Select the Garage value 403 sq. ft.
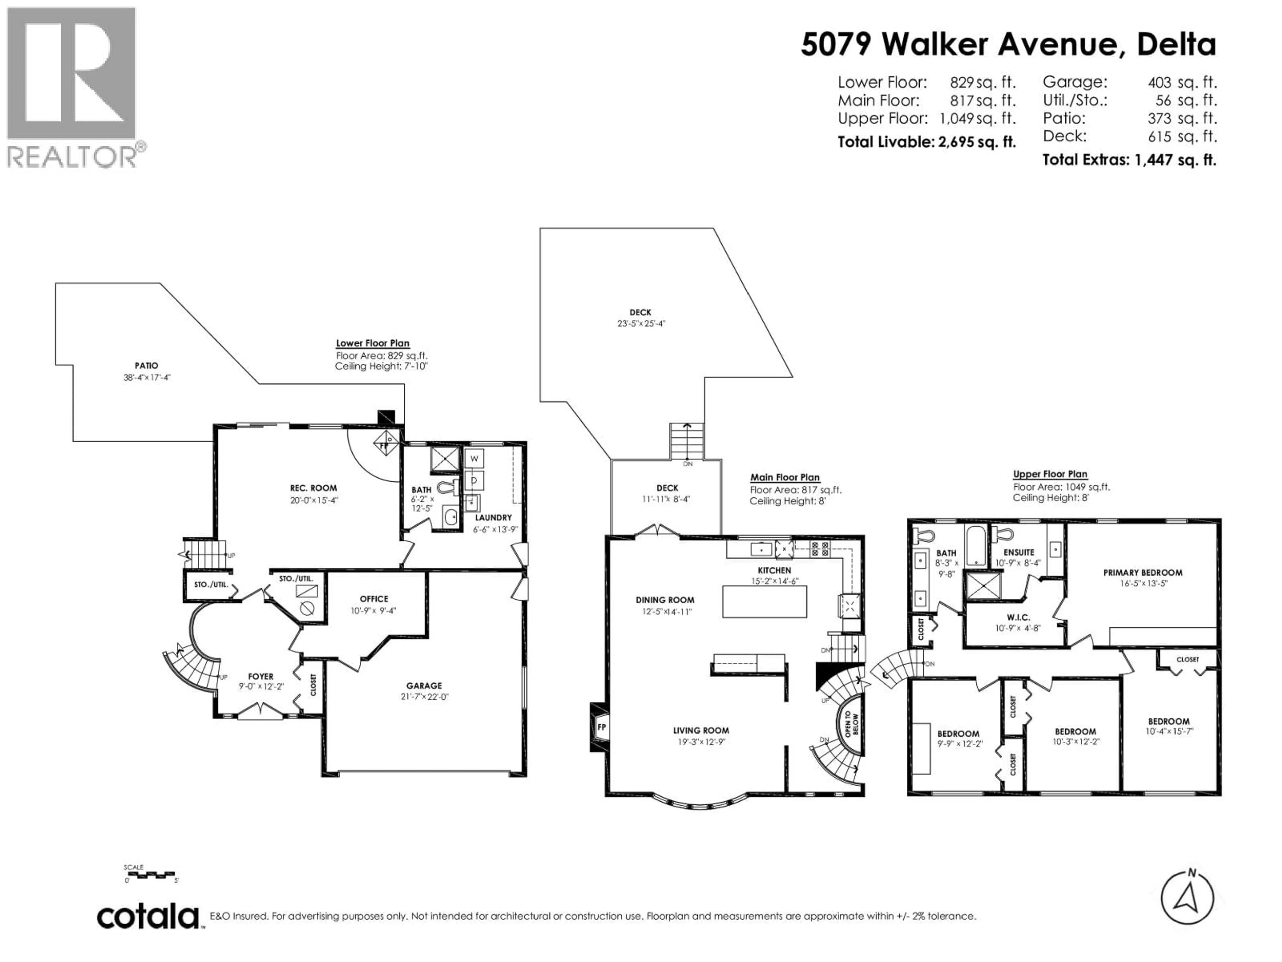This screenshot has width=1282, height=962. click(x=1182, y=83)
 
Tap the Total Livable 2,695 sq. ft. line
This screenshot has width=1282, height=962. click(x=926, y=142)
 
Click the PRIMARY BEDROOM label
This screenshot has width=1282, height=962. click(x=1142, y=572)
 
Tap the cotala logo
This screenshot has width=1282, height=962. click(x=148, y=917)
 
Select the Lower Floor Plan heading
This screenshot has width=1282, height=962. click(x=373, y=343)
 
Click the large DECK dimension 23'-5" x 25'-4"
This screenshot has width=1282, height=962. click(x=640, y=324)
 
